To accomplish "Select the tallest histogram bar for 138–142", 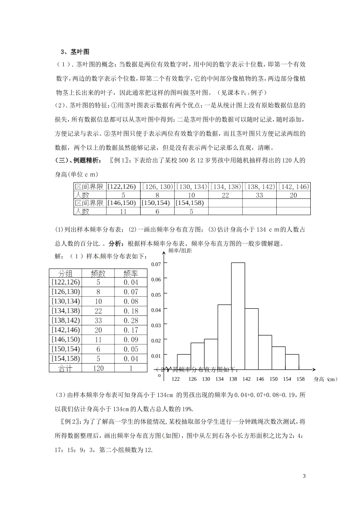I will (238, 316).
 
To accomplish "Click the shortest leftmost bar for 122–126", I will (184, 362).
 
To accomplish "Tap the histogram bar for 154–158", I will (292, 362).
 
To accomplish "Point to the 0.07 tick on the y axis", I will (156, 264).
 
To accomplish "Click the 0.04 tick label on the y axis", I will (156, 310).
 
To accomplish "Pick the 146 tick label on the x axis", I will (260, 379).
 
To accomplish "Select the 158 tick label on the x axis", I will (300, 379).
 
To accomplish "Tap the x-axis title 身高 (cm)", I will (325, 379).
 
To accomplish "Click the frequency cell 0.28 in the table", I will (131, 320).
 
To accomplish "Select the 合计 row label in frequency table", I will (65, 368).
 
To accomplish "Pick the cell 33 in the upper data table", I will (259, 195).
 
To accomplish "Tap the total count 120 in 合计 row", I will (98, 368).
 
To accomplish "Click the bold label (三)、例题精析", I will (78, 160).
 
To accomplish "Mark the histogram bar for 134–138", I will (224, 337).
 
